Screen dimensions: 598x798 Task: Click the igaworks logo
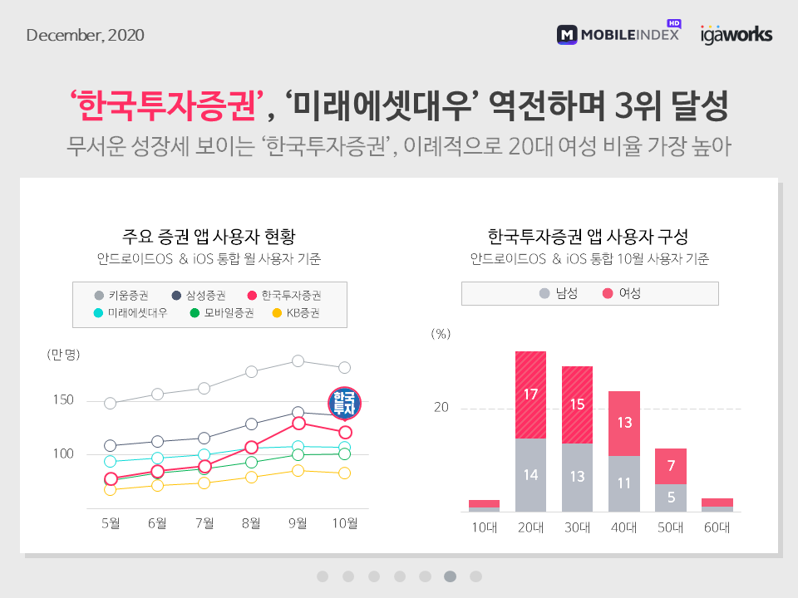click(x=736, y=34)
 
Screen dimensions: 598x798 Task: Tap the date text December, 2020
click(x=86, y=35)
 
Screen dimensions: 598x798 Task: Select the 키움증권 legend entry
click(x=121, y=295)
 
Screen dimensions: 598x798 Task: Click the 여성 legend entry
click(x=621, y=293)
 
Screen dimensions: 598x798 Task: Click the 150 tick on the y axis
click(x=63, y=400)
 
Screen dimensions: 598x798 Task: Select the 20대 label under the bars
click(x=530, y=528)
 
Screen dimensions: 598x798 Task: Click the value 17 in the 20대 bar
click(x=530, y=394)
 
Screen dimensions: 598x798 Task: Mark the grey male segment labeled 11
click(x=623, y=483)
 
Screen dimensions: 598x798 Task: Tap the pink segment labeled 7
click(x=670, y=466)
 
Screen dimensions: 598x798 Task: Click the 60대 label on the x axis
click(x=717, y=528)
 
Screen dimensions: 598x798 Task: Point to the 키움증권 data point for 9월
click(x=298, y=360)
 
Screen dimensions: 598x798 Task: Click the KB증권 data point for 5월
click(x=111, y=490)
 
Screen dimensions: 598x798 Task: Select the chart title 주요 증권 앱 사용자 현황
click(x=209, y=235)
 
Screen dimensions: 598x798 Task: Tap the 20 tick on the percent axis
click(x=441, y=408)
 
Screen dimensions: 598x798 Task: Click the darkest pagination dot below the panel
click(x=450, y=576)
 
